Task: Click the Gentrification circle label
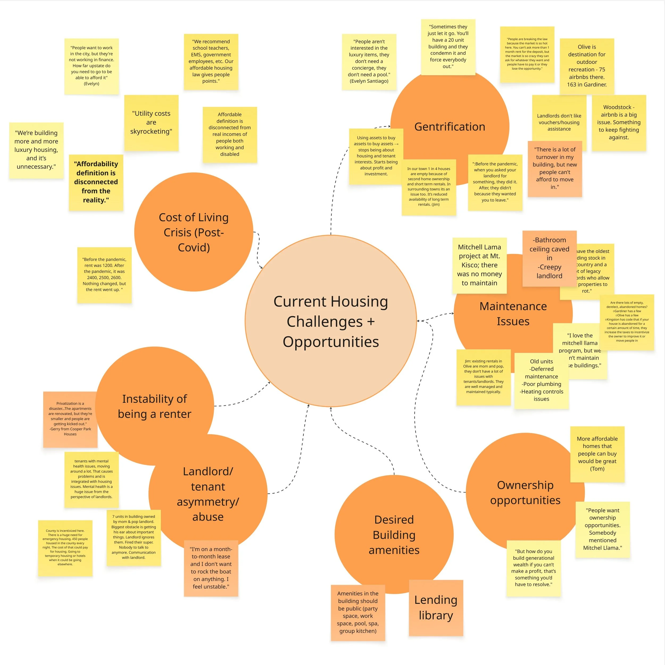[450, 127]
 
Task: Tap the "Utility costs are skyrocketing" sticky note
[151, 123]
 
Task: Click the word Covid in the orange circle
[194, 247]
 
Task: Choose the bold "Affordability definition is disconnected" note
[96, 182]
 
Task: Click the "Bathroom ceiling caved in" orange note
[549, 258]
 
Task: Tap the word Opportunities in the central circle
[331, 342]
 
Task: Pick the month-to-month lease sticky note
[211, 568]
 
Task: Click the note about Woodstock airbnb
[618, 123]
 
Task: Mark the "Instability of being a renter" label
[155, 406]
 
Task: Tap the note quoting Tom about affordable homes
[597, 454]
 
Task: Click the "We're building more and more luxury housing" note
[36, 150]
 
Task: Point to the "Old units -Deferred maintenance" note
[541, 380]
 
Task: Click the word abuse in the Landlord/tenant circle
[208, 517]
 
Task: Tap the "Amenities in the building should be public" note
[358, 612]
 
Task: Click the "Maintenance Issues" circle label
[513, 314]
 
